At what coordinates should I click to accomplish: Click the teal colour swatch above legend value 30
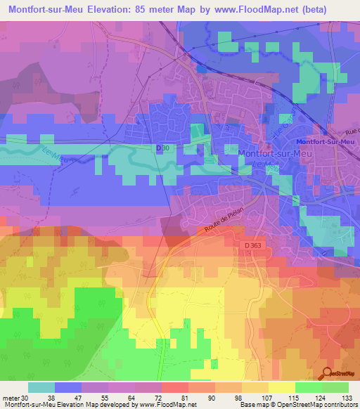[41, 387]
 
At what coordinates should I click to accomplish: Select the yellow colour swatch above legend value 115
[281, 387]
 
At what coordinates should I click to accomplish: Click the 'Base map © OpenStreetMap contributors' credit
[298, 405]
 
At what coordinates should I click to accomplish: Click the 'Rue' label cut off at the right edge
[353, 131]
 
